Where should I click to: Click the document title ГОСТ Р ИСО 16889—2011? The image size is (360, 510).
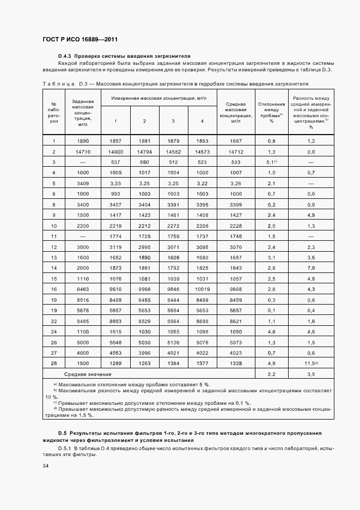(80, 40)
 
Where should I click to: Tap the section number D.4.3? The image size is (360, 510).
(65, 56)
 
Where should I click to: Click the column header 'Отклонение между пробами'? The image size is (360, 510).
(271, 112)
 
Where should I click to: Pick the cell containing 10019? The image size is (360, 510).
(202, 288)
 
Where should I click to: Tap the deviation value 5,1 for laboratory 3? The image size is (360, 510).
(271, 162)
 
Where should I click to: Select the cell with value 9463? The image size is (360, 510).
(83, 288)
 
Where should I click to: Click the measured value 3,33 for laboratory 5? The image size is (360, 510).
(115, 183)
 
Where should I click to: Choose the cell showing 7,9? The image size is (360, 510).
(311, 268)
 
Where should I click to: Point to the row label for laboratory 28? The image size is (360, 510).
(54, 364)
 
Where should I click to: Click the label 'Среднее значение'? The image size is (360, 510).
(88, 374)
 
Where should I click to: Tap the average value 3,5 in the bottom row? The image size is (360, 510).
(311, 374)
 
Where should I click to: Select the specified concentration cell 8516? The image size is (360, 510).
(83, 299)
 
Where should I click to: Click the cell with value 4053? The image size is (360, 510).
(115, 354)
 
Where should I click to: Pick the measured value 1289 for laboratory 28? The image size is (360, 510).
(115, 364)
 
